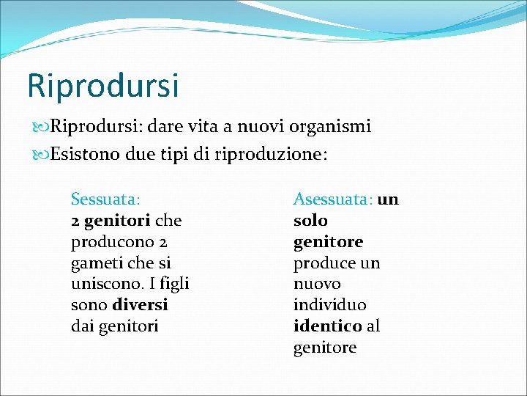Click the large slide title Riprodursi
pos(102,85)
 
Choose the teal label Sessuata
pos(104,199)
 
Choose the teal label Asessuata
pos(332,199)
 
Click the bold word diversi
pos(140,304)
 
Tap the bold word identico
pos(327,326)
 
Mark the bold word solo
pos(310,220)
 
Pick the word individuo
pos(329,304)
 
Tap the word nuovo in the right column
pos(317,283)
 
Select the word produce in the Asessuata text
pos(323,263)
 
